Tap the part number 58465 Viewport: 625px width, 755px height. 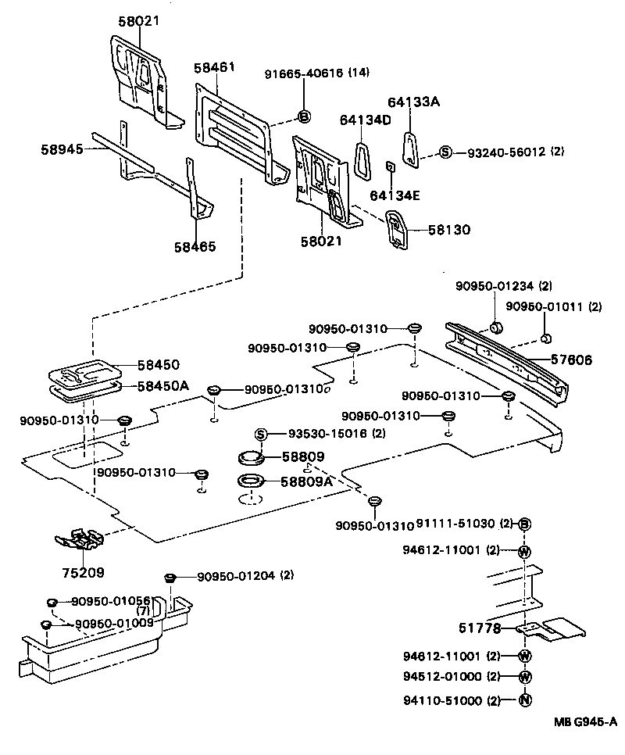pyautogui.click(x=195, y=246)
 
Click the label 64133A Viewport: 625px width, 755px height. pyautogui.click(x=414, y=102)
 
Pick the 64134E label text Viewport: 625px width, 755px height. pyautogui.click(x=395, y=195)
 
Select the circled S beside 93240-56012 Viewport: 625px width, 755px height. pyautogui.click(x=445, y=152)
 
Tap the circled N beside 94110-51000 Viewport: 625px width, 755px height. pyautogui.click(x=525, y=700)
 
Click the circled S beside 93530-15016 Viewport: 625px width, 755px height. pyautogui.click(x=261, y=434)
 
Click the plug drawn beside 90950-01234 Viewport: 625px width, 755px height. pyautogui.click(x=495, y=326)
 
